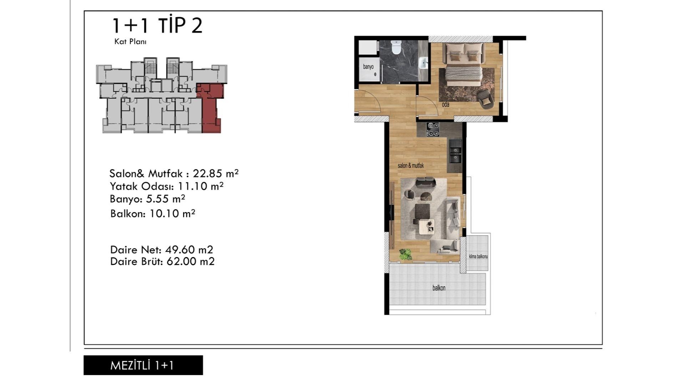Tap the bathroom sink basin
[x=423, y=63]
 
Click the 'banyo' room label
[x=368, y=67]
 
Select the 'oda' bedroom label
[x=446, y=104]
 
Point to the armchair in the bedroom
[x=485, y=99]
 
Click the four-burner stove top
[x=433, y=129]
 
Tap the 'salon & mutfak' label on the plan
[x=411, y=165]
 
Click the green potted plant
[x=405, y=254]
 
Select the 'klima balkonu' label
[x=478, y=256]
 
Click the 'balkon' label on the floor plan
[x=439, y=288]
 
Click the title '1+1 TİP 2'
[x=157, y=25]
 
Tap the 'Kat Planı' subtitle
[x=130, y=41]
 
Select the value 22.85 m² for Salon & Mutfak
[x=215, y=173]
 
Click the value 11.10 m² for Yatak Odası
[x=201, y=186]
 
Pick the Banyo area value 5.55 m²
[x=166, y=198]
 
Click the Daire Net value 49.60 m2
[x=189, y=250]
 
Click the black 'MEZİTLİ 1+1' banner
[x=143, y=365]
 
